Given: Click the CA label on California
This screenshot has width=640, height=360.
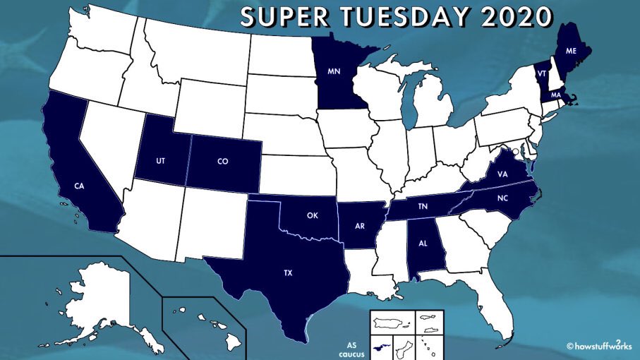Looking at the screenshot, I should pos(80,186).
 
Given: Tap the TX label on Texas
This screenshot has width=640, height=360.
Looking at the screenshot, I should pos(287,272).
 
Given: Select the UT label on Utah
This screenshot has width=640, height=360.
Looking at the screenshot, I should pos(161,161).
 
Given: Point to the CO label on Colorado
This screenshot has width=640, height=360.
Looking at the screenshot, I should pos(222,161).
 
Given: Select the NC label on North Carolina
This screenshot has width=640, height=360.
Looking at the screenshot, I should pos(502,198).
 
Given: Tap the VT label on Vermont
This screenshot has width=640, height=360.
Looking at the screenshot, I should pos(542,73).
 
